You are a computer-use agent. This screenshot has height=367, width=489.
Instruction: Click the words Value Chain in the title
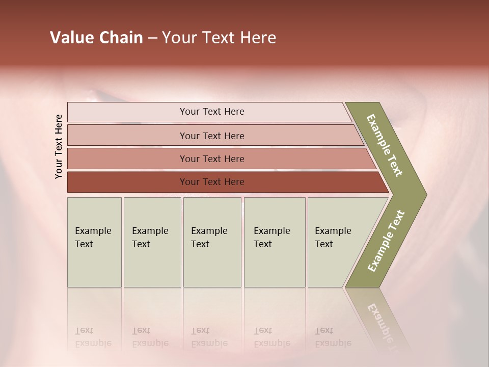[x=96, y=38]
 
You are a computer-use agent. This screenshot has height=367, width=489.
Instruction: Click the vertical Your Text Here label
[x=59, y=146]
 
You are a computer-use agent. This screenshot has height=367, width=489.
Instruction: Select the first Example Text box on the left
[x=94, y=242]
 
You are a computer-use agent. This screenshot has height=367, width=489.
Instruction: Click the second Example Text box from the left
[x=152, y=242]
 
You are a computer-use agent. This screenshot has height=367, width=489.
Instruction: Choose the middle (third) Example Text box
[x=212, y=242]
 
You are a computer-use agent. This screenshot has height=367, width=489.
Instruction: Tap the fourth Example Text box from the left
[x=275, y=242]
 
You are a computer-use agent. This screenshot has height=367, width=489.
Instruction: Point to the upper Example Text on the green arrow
[x=385, y=145]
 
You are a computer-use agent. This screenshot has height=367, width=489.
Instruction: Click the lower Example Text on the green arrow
[x=386, y=241]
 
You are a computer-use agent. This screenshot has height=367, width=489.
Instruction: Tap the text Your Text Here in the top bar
[x=212, y=112]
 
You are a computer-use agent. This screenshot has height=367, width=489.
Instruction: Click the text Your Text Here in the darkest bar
[x=212, y=182]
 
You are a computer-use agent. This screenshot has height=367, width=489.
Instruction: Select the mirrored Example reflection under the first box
[x=93, y=343]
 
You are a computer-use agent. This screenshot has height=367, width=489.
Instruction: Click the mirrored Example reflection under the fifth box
[x=333, y=343]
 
